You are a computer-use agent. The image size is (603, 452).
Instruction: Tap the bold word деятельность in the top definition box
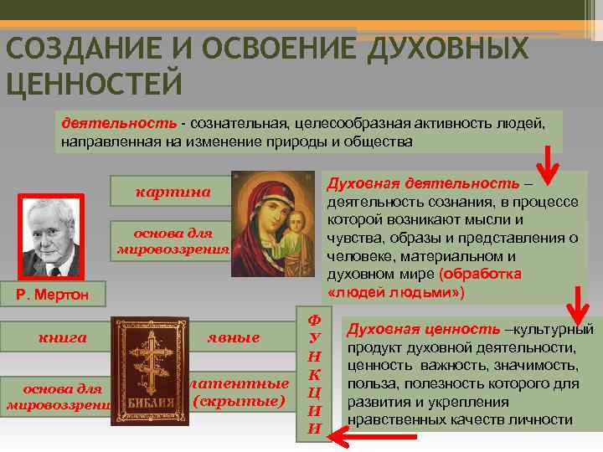(x=118, y=124)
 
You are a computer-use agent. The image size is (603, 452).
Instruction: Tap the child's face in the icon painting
(x=297, y=225)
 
